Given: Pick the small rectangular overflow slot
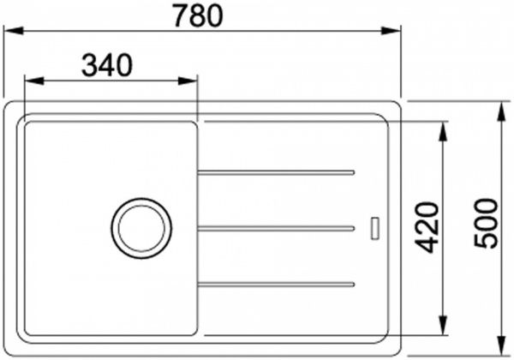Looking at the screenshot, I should click(x=374, y=227).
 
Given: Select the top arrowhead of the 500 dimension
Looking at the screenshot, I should click(x=502, y=107).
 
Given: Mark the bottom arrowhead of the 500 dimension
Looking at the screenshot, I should click(x=502, y=347).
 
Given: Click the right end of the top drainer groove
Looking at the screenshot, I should click(x=352, y=173).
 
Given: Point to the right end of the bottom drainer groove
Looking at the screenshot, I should click(x=352, y=281).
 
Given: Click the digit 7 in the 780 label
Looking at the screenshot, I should click(x=182, y=15).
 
